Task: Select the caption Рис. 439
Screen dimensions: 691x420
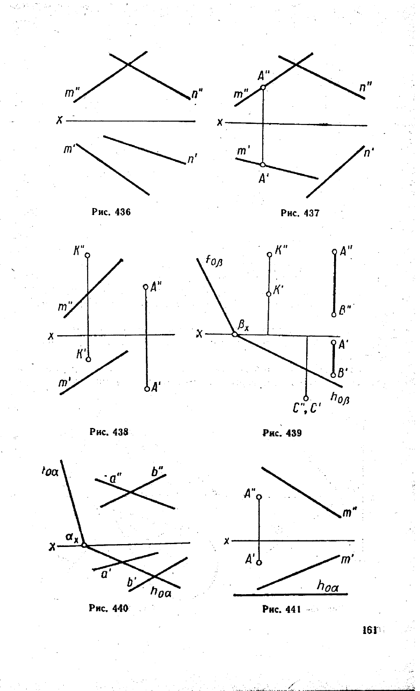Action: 282,433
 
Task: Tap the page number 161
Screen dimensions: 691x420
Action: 369,630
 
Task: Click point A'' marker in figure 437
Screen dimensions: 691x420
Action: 263,87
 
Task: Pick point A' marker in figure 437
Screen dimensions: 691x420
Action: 263,165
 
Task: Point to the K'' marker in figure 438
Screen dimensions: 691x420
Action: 87,255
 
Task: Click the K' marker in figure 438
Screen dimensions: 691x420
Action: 88,359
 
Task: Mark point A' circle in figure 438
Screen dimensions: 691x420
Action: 147,389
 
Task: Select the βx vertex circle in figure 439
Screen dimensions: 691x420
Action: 235,334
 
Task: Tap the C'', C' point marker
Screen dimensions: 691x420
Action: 306,398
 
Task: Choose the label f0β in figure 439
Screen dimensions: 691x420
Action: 214,261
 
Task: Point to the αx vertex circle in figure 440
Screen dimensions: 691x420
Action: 84,545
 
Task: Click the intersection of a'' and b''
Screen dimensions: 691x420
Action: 130,492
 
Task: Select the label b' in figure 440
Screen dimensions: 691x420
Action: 132,582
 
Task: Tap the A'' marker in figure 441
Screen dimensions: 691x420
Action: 259,497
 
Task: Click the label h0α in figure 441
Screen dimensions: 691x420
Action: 327,586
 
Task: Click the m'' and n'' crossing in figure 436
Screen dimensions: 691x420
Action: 129,64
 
